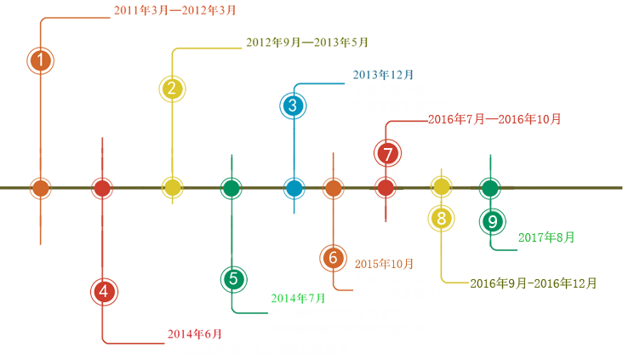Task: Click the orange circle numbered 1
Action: point(40,60)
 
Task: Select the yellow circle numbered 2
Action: point(172,88)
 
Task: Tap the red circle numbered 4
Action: point(104,291)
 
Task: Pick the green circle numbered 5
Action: point(234,277)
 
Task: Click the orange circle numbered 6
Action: point(334,257)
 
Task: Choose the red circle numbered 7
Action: point(387,155)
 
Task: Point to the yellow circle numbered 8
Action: point(441,218)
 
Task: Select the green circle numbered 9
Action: point(493,220)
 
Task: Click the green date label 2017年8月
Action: point(546,237)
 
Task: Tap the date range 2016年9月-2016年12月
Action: point(533,283)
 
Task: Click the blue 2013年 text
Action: point(375,75)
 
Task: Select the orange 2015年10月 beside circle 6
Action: point(384,263)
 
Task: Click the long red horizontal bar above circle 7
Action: point(494,118)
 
